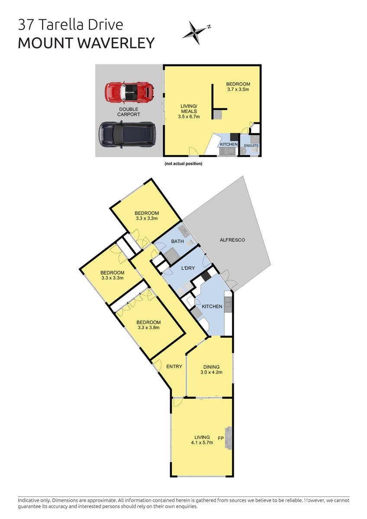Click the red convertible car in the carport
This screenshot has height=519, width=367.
[129, 91]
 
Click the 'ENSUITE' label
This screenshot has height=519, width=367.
[251, 146]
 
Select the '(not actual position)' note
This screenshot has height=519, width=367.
[183, 164]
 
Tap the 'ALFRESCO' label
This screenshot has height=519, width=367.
[232, 240]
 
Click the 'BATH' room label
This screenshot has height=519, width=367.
[177, 241]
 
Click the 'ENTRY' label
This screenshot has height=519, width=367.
[174, 367]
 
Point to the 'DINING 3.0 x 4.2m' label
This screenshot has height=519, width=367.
[211, 369]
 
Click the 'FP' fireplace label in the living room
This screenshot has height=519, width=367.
[221, 438]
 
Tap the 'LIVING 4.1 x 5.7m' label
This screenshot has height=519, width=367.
[202, 440]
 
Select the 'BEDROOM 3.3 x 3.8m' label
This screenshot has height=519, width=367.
[148, 325]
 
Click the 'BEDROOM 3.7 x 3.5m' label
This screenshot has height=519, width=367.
[238, 87]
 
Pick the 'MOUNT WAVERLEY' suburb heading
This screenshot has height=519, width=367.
[86, 43]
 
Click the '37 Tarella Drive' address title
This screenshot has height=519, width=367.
[71, 25]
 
